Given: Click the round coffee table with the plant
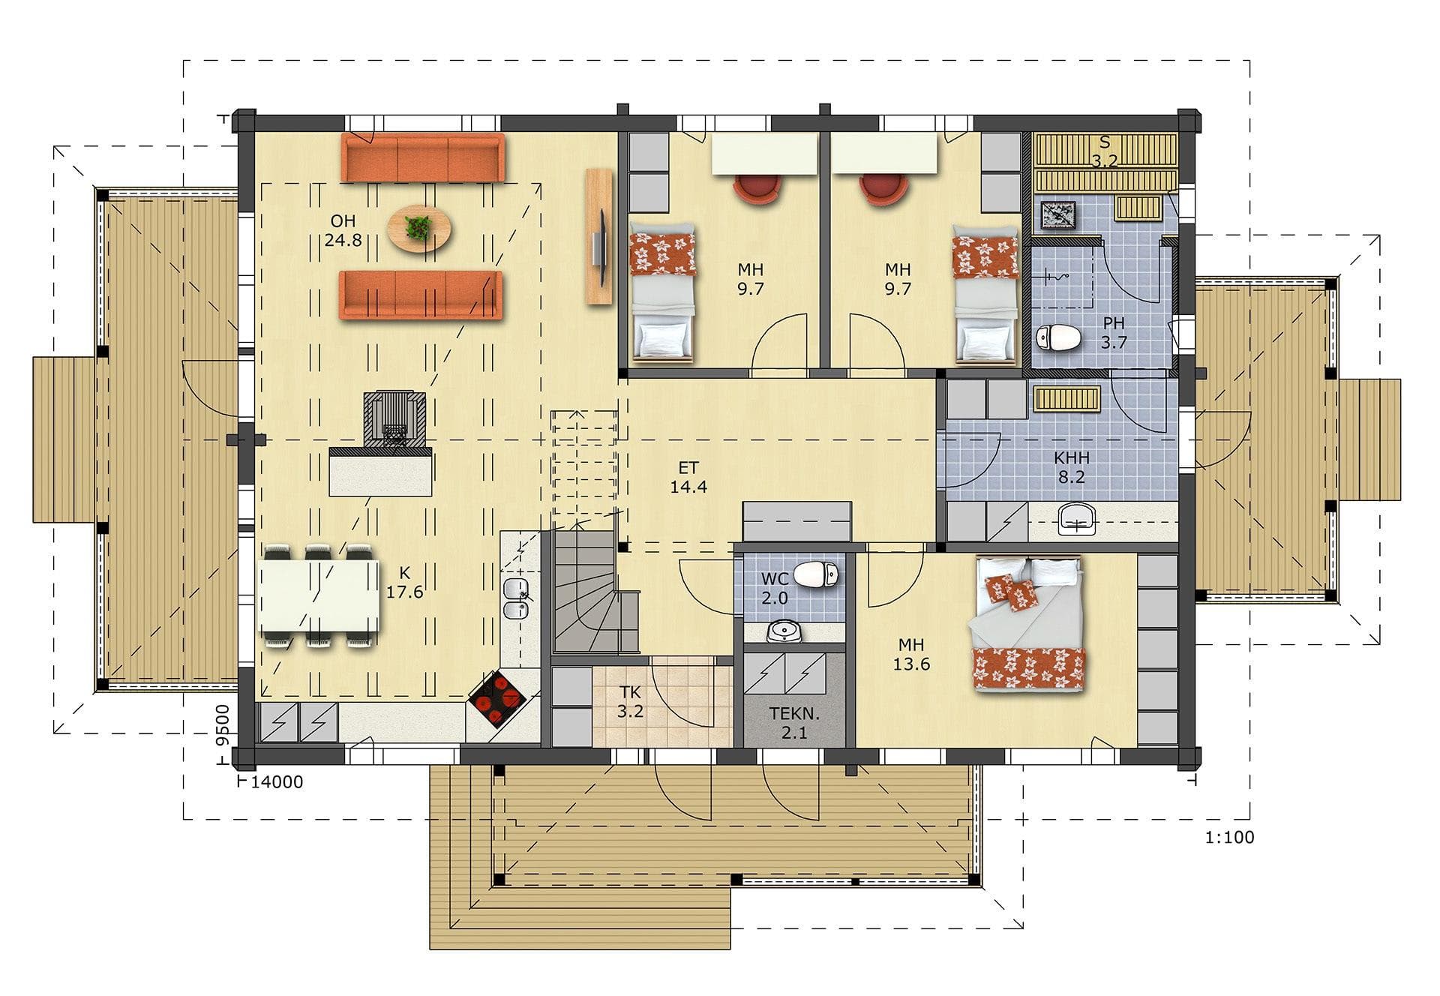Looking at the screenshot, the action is tap(419, 228).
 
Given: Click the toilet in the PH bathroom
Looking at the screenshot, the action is tap(1057, 338).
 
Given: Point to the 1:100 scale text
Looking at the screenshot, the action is tap(1229, 837).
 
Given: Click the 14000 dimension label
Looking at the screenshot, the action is tap(277, 782).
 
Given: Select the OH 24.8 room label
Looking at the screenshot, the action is tap(343, 230).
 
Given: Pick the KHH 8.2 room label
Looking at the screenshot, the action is tap(1071, 467).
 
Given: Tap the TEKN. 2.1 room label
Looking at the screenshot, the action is tap(794, 723).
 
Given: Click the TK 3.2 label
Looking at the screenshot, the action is tap(630, 702).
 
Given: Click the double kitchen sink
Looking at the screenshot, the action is tap(516, 598).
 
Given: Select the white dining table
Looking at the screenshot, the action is tap(319, 596).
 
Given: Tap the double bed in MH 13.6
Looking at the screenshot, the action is tap(1027, 624).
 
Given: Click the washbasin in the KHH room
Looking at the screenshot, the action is tap(1077, 518).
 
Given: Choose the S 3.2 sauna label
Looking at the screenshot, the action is tap(1104, 152).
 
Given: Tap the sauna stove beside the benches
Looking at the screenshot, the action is tap(1057, 216).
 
